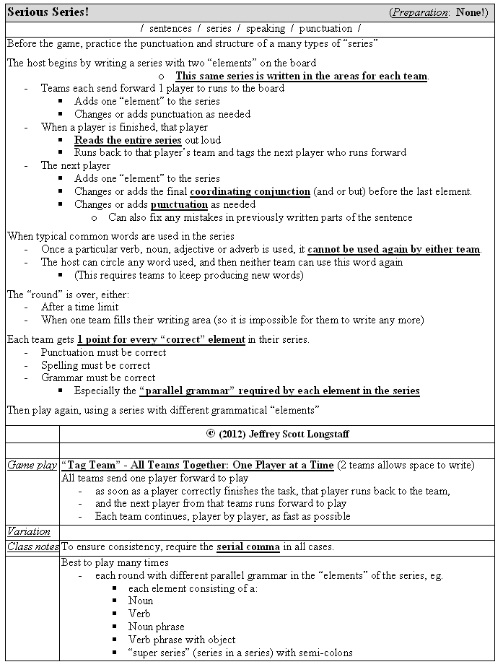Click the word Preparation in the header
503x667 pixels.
421,12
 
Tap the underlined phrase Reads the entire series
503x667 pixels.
128,140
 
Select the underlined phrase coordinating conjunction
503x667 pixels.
250,191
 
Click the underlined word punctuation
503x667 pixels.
179,204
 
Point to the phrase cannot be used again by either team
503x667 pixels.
394,250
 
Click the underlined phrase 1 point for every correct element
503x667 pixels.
161,339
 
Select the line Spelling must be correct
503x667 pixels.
95,365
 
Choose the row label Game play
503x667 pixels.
32,466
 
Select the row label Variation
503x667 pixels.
29,532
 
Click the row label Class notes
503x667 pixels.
32,547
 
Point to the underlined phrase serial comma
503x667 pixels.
248,547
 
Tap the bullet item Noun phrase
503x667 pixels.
156,627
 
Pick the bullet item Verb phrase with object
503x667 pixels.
182,640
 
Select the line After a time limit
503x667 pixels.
79,307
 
